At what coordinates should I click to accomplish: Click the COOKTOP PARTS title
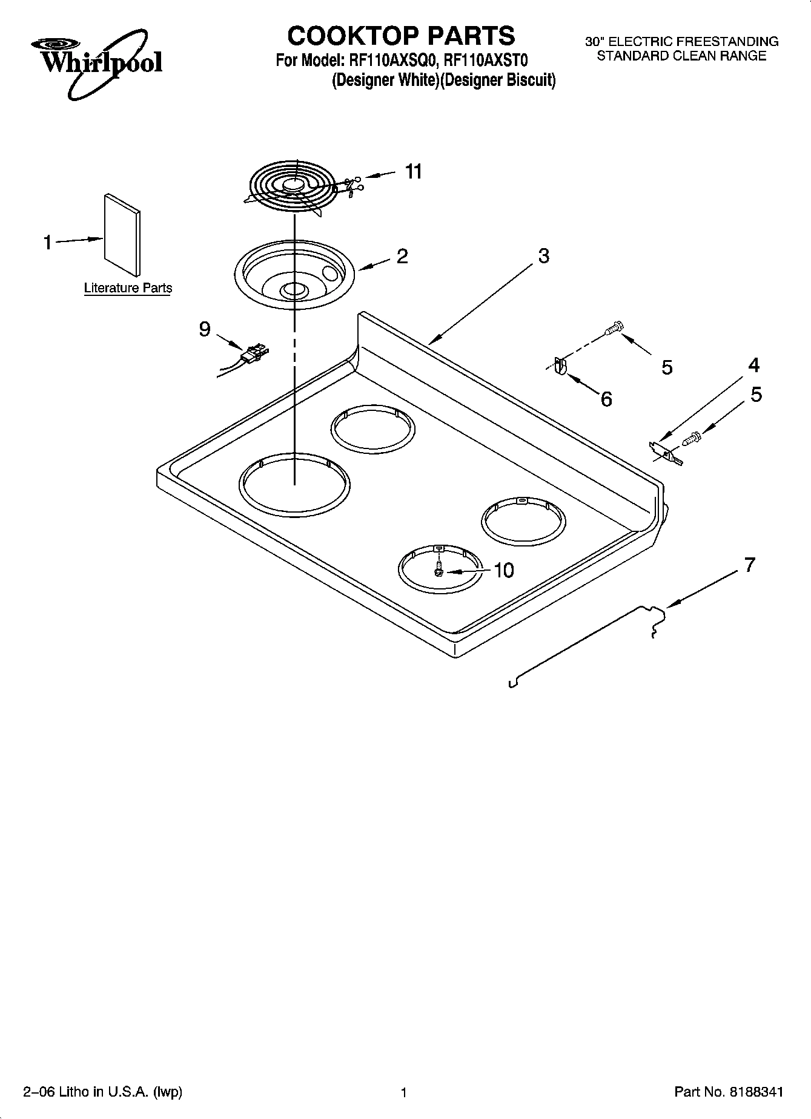401,36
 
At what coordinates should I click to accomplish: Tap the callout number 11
413,172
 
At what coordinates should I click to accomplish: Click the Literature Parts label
128,288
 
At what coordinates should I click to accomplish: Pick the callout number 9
205,329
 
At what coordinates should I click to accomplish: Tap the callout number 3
543,256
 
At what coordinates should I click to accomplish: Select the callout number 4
753,366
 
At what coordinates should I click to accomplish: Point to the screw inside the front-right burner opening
439,569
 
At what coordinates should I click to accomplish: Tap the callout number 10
503,570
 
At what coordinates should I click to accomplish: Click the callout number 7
749,565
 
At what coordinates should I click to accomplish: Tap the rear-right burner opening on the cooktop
523,519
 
